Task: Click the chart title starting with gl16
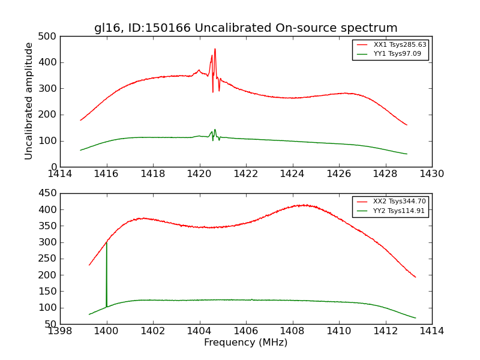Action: pyautogui.click(x=245, y=28)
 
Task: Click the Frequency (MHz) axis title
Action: pyautogui.click(x=245, y=343)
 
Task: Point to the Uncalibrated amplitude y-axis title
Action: pyautogui.click(x=29, y=101)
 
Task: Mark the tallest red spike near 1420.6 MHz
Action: pyautogui.click(x=215, y=50)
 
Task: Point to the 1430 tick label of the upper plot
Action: pyautogui.click(x=431, y=174)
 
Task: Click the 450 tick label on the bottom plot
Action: pyautogui.click(x=49, y=193)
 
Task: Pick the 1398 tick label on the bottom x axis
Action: pyautogui.click(x=60, y=331)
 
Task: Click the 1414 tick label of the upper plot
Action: pyautogui.click(x=60, y=174)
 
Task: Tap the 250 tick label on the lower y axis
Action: pyautogui.click(x=49, y=259)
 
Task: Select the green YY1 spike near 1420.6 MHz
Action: pyautogui.click(x=215, y=130)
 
